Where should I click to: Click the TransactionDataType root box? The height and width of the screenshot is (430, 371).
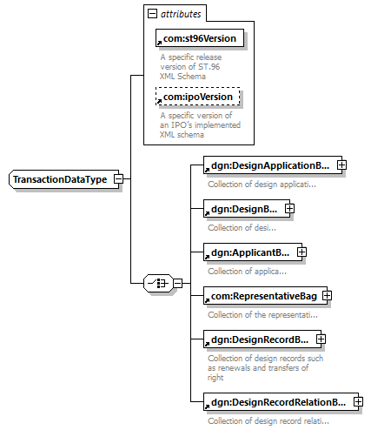(x=63, y=179)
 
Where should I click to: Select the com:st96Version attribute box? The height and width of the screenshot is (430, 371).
(x=200, y=38)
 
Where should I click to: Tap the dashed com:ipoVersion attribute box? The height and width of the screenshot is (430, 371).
(x=198, y=97)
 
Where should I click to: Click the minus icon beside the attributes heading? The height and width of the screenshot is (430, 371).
(x=152, y=13)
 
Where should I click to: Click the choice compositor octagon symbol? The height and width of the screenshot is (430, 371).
(x=158, y=283)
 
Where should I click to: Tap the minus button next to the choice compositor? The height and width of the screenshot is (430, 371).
(x=178, y=283)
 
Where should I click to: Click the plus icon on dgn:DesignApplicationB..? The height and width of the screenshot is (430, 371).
(x=342, y=165)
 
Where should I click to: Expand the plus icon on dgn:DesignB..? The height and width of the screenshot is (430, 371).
(x=289, y=209)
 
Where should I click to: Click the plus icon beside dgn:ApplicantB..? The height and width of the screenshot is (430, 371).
(x=301, y=252)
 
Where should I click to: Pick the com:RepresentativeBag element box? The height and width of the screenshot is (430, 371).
(x=265, y=296)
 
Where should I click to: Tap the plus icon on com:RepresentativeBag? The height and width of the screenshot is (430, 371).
(x=328, y=296)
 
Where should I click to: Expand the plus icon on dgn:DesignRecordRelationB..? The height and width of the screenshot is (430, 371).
(x=359, y=402)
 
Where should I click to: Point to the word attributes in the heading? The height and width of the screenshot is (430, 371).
(x=181, y=14)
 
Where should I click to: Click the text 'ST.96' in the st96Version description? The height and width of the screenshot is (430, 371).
(x=209, y=67)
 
